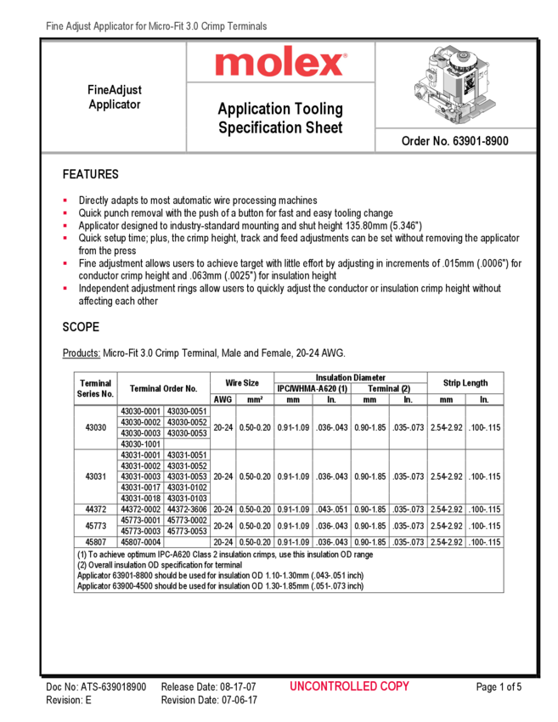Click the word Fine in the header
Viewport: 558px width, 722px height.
coord(54,27)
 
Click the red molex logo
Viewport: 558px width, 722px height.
coord(280,63)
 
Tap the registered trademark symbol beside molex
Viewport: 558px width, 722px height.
coord(344,57)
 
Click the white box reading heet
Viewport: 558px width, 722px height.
coord(329,127)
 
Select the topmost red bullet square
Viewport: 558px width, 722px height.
coord(65,200)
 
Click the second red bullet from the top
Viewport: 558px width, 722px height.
coord(65,212)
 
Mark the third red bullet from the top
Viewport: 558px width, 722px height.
coord(65,225)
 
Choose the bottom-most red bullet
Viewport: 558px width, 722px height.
coord(65,289)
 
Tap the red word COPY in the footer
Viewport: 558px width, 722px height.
coord(395,686)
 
